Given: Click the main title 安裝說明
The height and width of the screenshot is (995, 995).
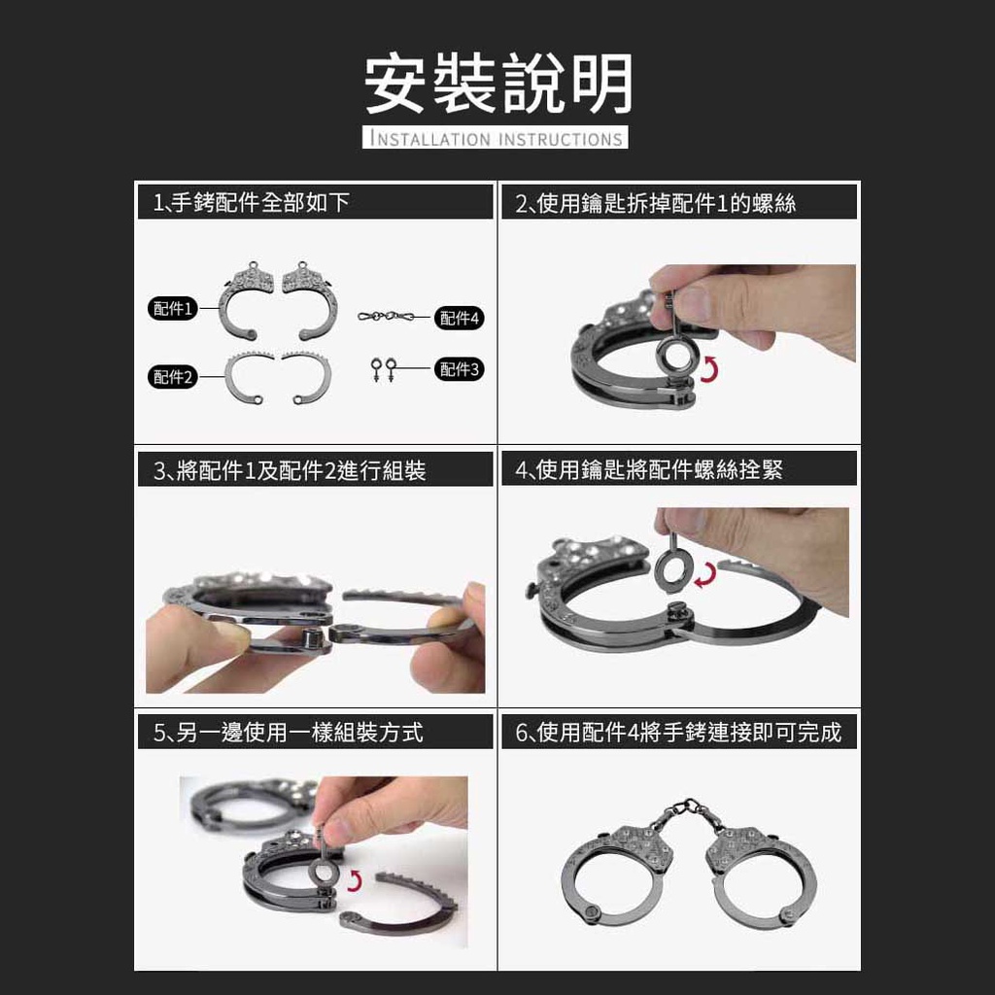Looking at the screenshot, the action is point(498,84).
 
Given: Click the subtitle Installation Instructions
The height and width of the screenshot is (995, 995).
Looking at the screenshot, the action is point(496,138).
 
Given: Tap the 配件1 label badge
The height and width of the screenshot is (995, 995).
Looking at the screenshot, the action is point(173,308).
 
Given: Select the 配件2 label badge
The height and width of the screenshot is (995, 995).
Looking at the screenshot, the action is point(173,377).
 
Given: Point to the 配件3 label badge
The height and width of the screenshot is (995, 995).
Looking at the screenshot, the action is point(460,368).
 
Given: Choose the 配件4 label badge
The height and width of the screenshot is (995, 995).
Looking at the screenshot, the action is point(460,318).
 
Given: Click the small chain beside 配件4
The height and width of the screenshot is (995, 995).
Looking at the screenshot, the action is point(386,316).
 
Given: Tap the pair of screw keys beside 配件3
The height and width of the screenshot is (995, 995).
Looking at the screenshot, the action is point(383,369).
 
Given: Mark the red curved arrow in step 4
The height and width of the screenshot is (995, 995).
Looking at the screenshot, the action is point(706,574).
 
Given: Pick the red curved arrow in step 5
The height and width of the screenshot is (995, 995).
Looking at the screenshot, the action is point(355,880).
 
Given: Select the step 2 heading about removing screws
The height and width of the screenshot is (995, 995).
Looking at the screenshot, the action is point(656,203).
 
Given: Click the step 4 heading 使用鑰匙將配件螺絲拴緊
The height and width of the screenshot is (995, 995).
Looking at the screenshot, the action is point(649,469).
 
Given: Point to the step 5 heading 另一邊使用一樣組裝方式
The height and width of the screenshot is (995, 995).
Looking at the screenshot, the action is point(288,733).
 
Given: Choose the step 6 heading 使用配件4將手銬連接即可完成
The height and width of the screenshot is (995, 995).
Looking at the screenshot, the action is point(678,733).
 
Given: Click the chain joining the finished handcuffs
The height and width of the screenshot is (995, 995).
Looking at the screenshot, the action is point(688,812).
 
